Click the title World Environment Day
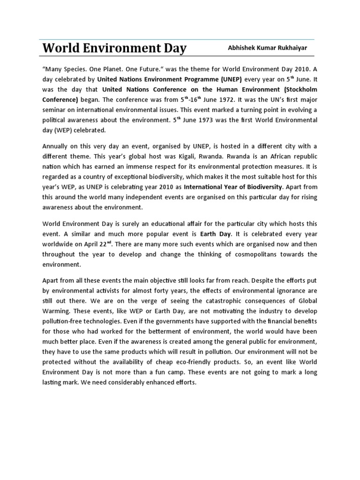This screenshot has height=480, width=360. point(114,48)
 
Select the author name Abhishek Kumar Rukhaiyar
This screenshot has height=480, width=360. point(268,48)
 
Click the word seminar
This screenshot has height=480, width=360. point(55,110)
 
